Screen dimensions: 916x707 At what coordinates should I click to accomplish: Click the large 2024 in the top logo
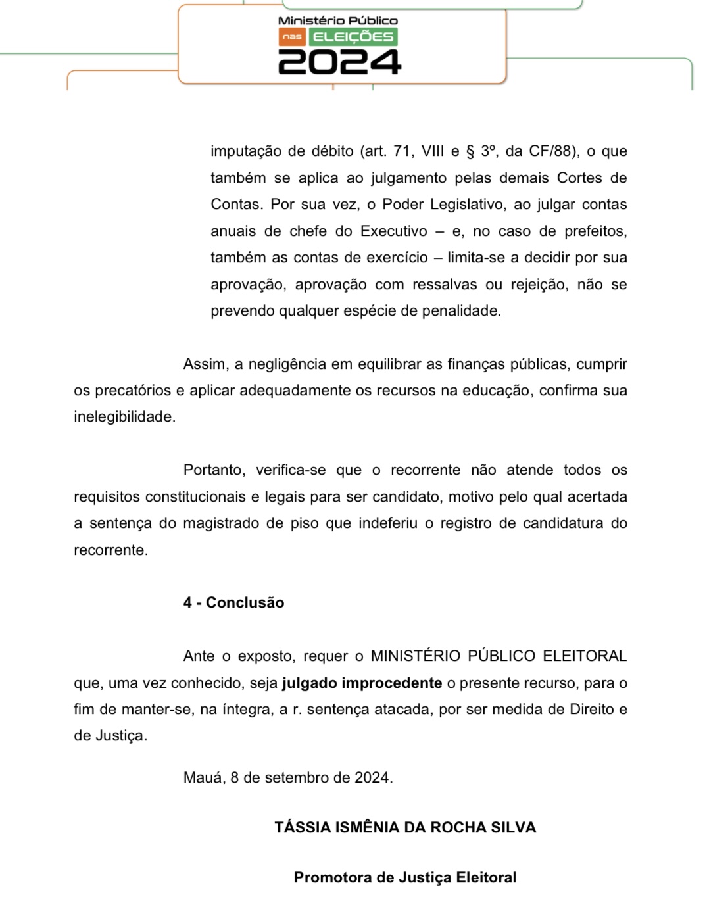(x=339, y=62)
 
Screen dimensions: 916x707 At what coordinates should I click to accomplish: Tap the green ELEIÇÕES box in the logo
(x=353, y=37)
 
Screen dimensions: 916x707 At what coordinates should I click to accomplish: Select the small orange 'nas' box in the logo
(x=292, y=37)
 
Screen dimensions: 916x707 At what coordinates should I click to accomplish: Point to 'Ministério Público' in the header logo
(x=338, y=21)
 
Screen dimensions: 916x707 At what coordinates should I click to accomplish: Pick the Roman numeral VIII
(x=433, y=151)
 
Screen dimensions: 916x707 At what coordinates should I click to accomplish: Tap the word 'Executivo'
(x=393, y=231)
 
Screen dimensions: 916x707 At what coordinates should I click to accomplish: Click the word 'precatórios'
(x=134, y=390)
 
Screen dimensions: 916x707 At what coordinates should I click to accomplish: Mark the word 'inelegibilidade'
(x=124, y=416)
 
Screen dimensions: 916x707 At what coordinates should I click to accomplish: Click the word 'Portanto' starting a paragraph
(x=214, y=470)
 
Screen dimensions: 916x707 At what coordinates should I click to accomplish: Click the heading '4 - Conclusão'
(x=233, y=602)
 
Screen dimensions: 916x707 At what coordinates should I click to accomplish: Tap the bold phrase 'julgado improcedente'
(x=362, y=683)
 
